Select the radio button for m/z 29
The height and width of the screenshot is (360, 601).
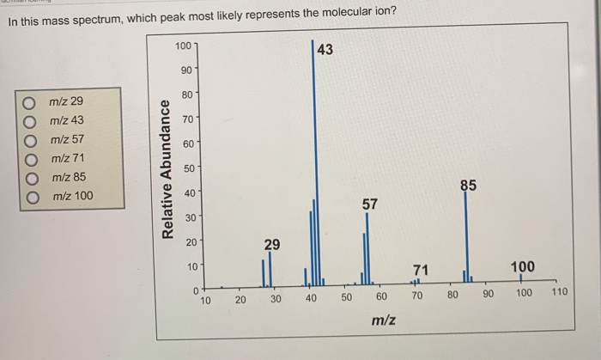coord(29,101)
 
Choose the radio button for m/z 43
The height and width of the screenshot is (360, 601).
coord(29,120)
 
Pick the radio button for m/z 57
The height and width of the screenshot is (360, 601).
coord(29,139)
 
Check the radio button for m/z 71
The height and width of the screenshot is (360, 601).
coord(29,158)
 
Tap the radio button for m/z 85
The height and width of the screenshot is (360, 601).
coord(29,177)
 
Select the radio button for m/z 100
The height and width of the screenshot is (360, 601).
coord(29,196)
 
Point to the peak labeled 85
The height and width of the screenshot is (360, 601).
coord(468,241)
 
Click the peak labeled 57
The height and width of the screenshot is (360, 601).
coord(367,249)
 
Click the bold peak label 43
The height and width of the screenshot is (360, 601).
coord(325,50)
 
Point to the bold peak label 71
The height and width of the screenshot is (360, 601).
coord(420,270)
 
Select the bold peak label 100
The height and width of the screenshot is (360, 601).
coord(522,267)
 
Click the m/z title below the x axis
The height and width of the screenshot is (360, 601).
coord(383,320)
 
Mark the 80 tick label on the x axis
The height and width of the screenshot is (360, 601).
coord(452,296)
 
